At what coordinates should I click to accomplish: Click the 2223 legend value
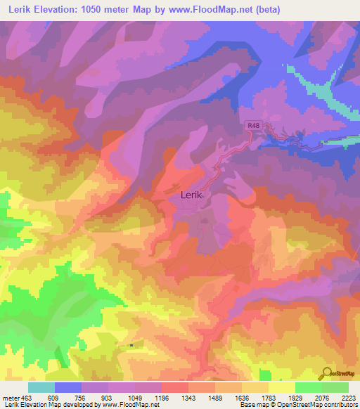pos(348,398)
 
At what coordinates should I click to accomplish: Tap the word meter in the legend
pos(9,398)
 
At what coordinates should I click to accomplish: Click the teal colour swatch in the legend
pos(41,387)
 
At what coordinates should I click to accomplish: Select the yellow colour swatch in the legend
pos(281,387)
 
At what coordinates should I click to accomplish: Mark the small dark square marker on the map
pos(131,345)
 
